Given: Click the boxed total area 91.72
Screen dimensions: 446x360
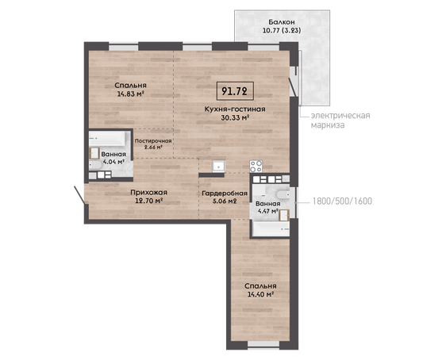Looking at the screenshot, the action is [x=235, y=91].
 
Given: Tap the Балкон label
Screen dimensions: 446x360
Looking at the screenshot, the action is [x=282, y=22].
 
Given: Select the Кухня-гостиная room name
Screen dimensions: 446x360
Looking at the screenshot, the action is [x=235, y=109].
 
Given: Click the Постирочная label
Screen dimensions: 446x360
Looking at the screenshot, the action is [x=153, y=141].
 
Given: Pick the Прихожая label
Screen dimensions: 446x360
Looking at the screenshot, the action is [x=148, y=193].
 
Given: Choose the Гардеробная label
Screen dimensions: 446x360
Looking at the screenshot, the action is [x=225, y=193].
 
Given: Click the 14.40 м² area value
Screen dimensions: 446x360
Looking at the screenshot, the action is [x=260, y=294].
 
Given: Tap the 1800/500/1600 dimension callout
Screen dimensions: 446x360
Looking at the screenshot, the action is [x=342, y=201].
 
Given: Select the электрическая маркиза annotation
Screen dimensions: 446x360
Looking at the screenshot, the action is [x=340, y=121].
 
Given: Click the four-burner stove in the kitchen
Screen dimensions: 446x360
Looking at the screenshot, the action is [x=256, y=167].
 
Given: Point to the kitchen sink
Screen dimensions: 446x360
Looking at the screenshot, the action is [x=219, y=167].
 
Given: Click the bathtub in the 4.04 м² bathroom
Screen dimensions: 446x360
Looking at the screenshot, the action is [x=107, y=139].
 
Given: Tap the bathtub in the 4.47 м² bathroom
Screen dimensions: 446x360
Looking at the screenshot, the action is [x=271, y=229].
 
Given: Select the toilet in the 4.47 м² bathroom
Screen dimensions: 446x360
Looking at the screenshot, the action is [x=283, y=194].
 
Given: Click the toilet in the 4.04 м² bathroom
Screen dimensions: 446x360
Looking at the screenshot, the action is [x=95, y=166].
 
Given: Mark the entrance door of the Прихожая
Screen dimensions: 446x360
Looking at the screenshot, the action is [x=79, y=195].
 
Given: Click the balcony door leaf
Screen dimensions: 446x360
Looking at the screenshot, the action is [x=293, y=87].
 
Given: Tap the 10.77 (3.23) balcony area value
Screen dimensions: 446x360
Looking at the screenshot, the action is [x=282, y=30].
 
